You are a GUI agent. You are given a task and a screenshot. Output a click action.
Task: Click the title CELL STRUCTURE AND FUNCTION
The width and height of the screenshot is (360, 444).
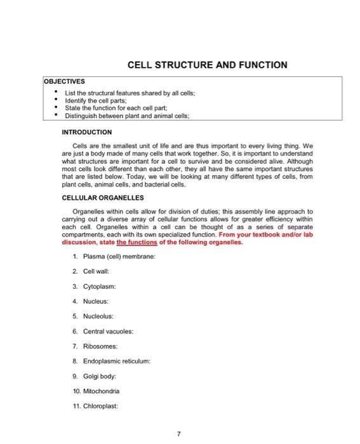[x=207, y=65]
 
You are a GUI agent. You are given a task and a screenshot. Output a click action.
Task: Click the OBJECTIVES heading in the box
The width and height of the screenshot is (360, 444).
[x=64, y=82]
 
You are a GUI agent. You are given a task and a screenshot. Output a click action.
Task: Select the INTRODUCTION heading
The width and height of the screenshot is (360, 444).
[x=86, y=132]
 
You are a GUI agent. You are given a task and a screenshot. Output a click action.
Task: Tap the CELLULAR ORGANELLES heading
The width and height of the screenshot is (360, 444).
[x=103, y=198]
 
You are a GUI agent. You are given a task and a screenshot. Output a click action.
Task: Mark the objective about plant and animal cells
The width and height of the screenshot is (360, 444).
[x=132, y=115]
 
